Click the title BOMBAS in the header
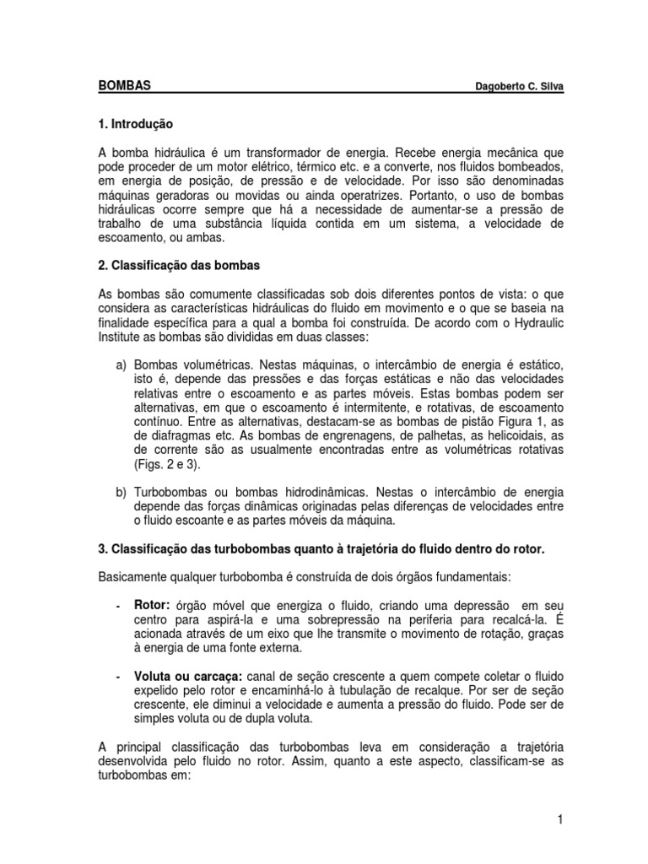pos(126,86)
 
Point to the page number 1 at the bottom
pos(559,818)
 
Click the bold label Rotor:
pos(153,606)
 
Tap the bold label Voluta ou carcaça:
pos(188,677)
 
